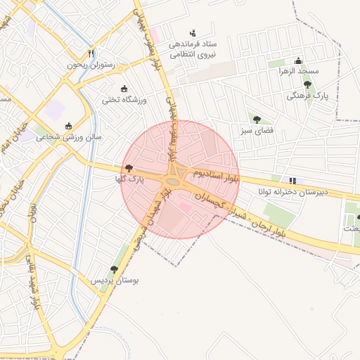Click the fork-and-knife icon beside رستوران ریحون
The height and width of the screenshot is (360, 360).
[x=91, y=53]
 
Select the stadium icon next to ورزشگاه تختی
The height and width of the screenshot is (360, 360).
[x=125, y=89]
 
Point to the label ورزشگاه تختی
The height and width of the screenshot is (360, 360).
[x=124, y=100]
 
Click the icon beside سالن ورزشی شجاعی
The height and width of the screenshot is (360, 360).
[x=68, y=126]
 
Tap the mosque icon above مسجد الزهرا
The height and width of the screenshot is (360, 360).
[x=299, y=60]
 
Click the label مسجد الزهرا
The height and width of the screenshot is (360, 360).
[x=298, y=71]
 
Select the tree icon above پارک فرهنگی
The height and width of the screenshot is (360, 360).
[x=307, y=84]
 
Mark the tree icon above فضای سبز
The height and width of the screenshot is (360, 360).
[x=256, y=120]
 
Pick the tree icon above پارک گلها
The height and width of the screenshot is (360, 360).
[x=128, y=168]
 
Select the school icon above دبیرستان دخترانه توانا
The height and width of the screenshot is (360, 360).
[x=292, y=180]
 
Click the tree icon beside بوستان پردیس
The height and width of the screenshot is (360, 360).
[x=114, y=269]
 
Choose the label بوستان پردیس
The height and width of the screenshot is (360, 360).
[x=114, y=280]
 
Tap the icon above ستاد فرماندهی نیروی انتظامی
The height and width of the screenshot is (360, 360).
[x=193, y=32]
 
